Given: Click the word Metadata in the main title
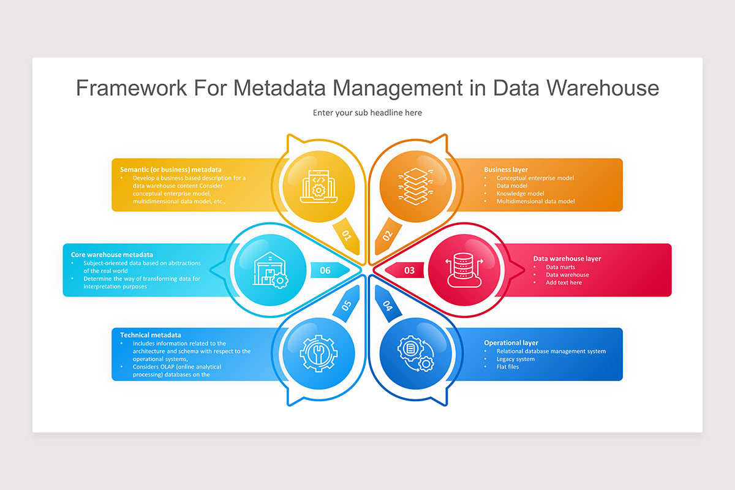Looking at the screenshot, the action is pyautogui.click(x=279, y=88).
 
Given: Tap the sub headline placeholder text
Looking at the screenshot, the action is pyautogui.click(x=367, y=113).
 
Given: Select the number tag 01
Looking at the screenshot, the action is pyautogui.click(x=347, y=236).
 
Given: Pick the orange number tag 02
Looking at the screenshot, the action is pyautogui.click(x=388, y=236).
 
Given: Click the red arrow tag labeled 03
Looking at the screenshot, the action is pyautogui.click(x=405, y=270).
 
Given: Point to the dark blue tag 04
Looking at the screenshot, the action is pyautogui.click(x=388, y=305).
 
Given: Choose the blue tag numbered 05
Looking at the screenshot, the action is pyautogui.click(x=347, y=305).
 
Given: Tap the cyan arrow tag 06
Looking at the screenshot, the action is pyautogui.click(x=330, y=270).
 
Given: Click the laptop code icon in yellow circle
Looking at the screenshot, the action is pyautogui.click(x=318, y=186).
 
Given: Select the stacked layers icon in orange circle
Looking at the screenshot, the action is pyautogui.click(x=416, y=186).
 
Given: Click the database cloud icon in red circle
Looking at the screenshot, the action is pyautogui.click(x=464, y=270).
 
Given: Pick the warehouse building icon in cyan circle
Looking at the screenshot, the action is pyautogui.click(x=270, y=270).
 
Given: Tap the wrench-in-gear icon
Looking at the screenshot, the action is pyautogui.click(x=318, y=353).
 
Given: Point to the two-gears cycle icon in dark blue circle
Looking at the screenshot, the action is pyautogui.click(x=416, y=353).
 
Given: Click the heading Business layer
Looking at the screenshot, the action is pyautogui.click(x=506, y=170).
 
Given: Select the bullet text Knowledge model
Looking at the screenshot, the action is pyautogui.click(x=520, y=194).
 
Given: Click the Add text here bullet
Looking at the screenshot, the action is pyautogui.click(x=563, y=282).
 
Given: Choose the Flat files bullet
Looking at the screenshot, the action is pyautogui.click(x=508, y=367).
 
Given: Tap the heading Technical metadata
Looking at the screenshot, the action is pyautogui.click(x=150, y=335).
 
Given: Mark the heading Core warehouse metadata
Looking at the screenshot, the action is pyautogui.click(x=112, y=255).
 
